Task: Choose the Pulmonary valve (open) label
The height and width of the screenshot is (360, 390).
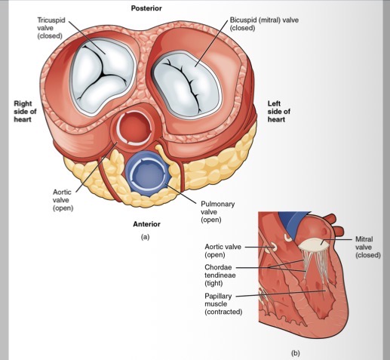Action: pos(219,212)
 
